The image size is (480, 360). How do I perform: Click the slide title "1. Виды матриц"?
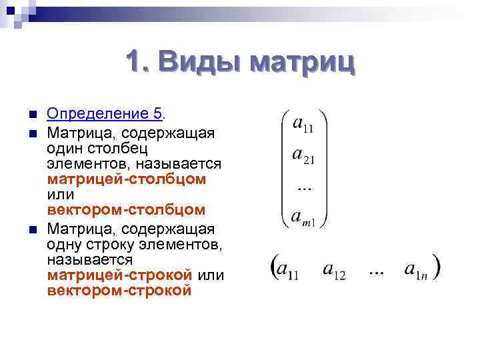point(240,63)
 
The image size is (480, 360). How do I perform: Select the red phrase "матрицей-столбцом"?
point(126,179)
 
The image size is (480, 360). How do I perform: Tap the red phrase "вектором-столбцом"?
point(126,209)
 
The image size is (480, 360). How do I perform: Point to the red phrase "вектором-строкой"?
point(119,291)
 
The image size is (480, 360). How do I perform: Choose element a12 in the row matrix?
point(333,270)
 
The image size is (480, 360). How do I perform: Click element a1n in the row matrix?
point(419,270)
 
